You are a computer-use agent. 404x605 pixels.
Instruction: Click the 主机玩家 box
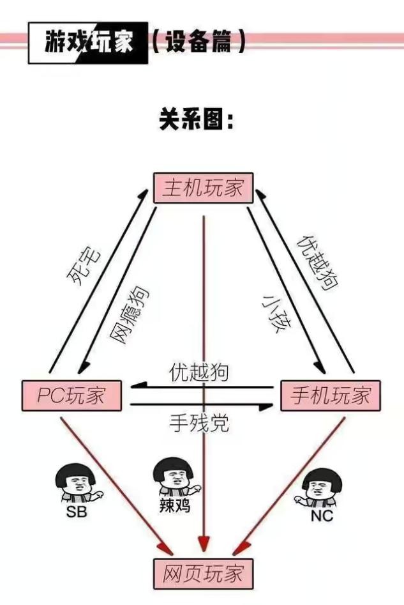pyautogui.click(x=204, y=188)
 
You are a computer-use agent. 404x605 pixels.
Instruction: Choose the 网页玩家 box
pyautogui.click(x=204, y=573)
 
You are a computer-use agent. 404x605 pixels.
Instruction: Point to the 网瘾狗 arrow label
pyautogui.click(x=131, y=315)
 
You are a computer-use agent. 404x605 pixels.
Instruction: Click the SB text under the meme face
pyautogui.click(x=77, y=512)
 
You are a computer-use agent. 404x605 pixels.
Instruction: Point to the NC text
pyautogui.click(x=322, y=516)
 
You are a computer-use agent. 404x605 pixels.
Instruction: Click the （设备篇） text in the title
pyautogui.click(x=198, y=43)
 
